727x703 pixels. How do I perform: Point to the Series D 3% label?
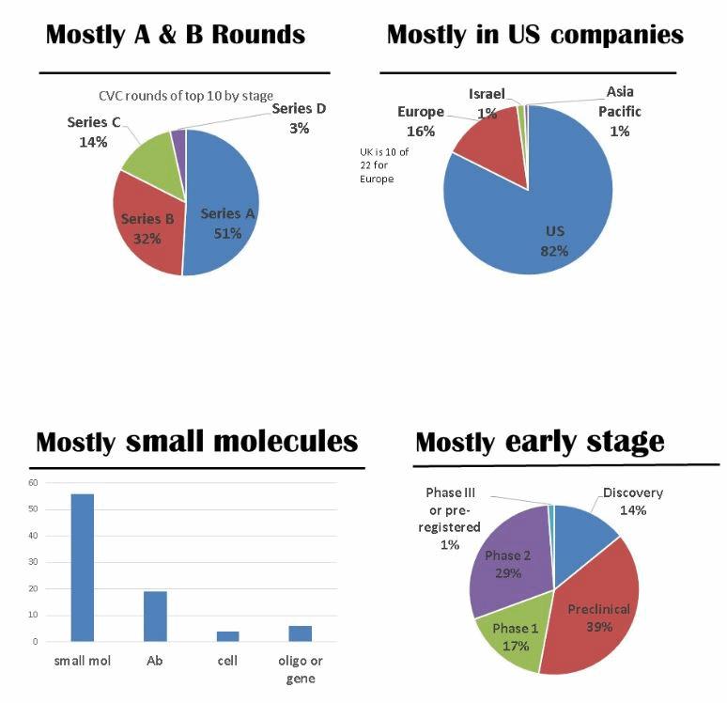click(299, 118)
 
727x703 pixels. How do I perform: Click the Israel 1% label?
click(487, 102)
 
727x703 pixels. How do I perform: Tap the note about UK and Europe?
click(384, 164)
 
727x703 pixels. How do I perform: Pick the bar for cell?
click(226, 636)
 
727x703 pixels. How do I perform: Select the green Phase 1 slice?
click(512, 639)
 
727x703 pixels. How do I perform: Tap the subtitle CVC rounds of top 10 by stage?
click(186, 95)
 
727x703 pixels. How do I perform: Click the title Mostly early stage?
click(539, 442)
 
